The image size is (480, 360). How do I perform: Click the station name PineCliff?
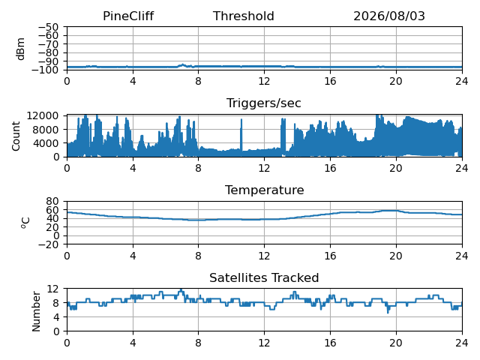pos(128,16)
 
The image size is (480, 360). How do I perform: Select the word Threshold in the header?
pos(243,16)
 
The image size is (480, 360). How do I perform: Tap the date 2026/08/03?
pos(389,16)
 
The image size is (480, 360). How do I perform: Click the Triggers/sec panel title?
pos(263,103)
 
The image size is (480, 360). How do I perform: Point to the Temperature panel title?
pos(265,190)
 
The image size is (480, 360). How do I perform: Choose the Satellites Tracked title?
pos(264,277)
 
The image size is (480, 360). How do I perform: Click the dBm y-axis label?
pos(21,49)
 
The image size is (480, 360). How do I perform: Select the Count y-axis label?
pos(16,136)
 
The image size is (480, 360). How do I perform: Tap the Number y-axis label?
pos(36,311)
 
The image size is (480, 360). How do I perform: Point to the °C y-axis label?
pos(25,223)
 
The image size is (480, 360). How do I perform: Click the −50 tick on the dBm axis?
pos(48,27)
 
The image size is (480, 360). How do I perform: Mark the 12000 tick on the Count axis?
pos(43,115)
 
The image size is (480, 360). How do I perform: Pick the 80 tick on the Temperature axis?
pos(52,201)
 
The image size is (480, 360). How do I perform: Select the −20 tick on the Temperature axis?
pos(48,244)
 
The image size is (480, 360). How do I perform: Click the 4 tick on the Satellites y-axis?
pos(55,316)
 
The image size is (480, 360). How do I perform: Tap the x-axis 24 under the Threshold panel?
pos(462,81)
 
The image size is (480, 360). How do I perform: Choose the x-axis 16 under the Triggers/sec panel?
pos(330,168)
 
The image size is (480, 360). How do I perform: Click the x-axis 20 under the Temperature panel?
pos(396,256)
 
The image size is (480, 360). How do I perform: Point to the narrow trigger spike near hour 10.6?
pos(241,135)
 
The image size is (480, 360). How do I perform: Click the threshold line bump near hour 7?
pos(183,65)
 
